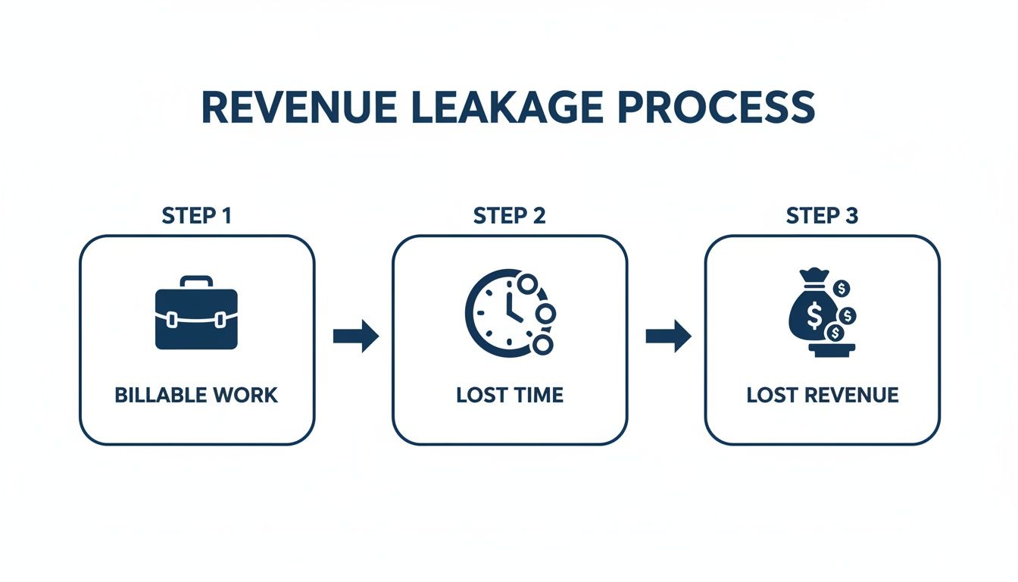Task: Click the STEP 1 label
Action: pyautogui.click(x=197, y=216)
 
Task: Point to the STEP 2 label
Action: pyautogui.click(x=509, y=216)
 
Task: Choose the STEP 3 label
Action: pyautogui.click(x=822, y=216)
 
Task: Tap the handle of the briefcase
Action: pyautogui.click(x=196, y=281)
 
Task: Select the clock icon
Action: pyautogui.click(x=500, y=311)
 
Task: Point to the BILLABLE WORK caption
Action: pyautogui.click(x=196, y=395)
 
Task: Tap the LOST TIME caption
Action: pyautogui.click(x=509, y=395)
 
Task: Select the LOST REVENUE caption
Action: pyautogui.click(x=822, y=395)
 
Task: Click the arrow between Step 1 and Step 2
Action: pyautogui.click(x=355, y=336)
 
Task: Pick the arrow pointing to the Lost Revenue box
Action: pyautogui.click(x=668, y=336)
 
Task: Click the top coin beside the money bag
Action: pyautogui.click(x=842, y=289)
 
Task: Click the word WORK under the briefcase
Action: pyautogui.click(x=244, y=395)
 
